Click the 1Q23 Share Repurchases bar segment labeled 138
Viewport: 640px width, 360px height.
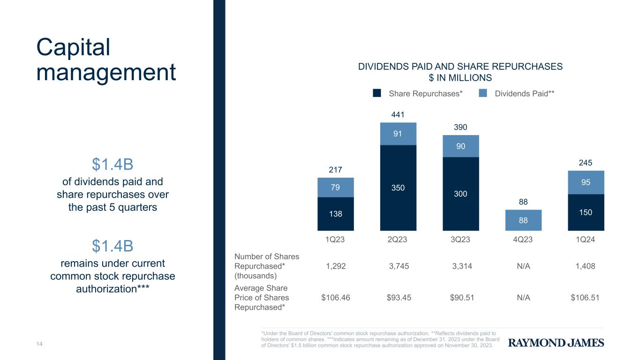pos(335,214)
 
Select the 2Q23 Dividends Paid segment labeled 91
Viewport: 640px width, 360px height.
pos(398,134)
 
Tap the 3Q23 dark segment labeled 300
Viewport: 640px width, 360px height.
pos(460,194)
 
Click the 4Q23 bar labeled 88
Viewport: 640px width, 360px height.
pos(523,220)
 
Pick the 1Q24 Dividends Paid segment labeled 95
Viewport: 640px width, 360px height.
pos(586,182)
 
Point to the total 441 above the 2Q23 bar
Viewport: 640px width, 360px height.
pos(398,114)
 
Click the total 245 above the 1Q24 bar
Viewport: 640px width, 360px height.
pos(586,163)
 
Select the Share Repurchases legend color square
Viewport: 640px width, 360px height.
pos(377,93)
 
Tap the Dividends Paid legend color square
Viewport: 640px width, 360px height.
pos(483,93)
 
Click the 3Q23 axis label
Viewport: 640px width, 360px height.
pos(460,239)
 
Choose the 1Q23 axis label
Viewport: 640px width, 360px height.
pos(335,239)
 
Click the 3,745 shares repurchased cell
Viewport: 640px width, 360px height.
pos(399,266)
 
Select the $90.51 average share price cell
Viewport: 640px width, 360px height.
pos(462,298)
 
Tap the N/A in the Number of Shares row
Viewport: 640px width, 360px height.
pos(523,266)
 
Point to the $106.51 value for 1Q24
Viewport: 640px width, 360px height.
pos(585,298)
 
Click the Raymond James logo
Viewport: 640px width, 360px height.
pos(556,343)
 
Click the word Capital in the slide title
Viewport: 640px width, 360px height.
pos(73,48)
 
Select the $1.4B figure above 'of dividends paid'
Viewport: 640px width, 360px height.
pos(113,164)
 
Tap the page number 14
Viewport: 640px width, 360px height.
pos(39,344)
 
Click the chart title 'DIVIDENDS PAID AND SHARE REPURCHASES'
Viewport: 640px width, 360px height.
pos(460,66)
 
